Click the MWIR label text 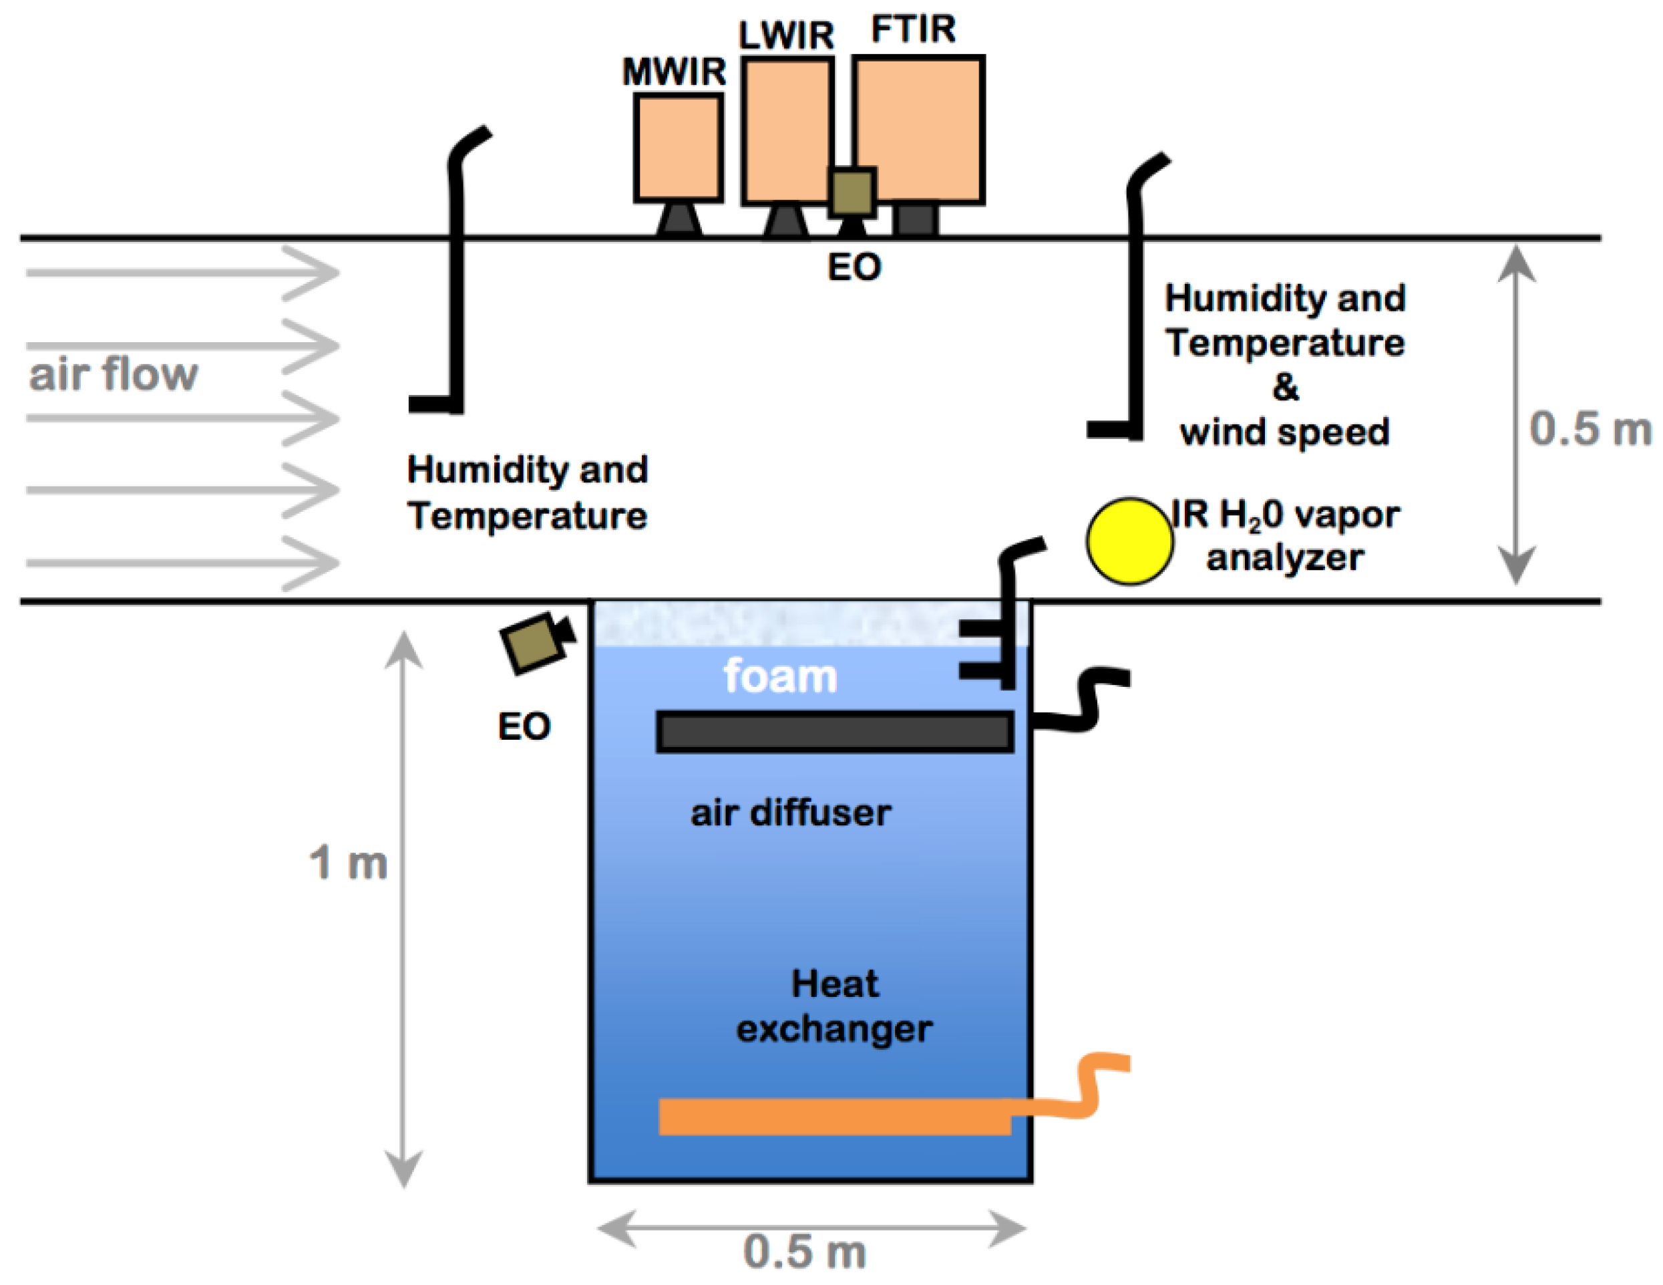673,72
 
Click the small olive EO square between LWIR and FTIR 852,192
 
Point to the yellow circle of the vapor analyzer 1129,541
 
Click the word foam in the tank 779,676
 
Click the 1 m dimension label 348,863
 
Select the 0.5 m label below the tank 804,1252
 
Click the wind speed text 1284,432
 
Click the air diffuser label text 790,813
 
